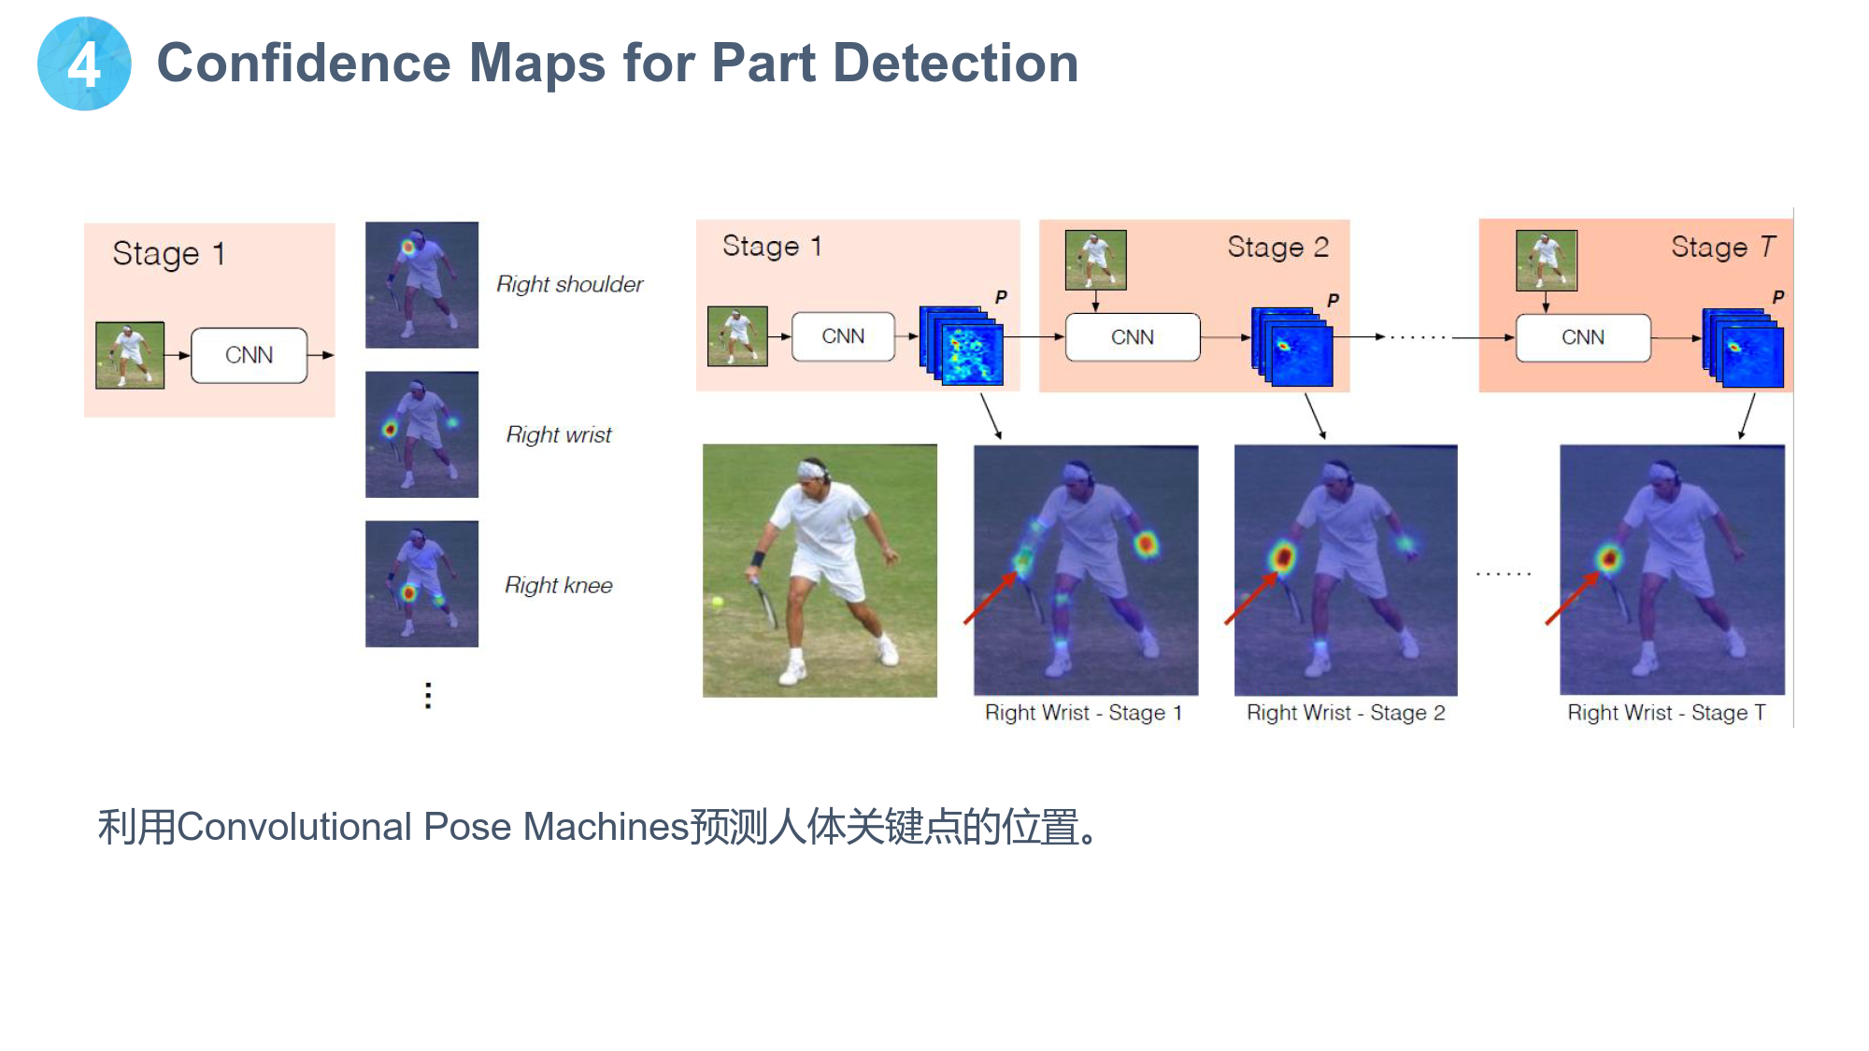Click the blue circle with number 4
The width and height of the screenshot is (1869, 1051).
tap(84, 64)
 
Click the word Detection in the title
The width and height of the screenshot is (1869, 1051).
tap(955, 63)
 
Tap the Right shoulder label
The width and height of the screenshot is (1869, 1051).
tap(569, 284)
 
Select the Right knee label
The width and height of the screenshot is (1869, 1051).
tap(559, 585)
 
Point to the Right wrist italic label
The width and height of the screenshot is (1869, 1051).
tap(559, 434)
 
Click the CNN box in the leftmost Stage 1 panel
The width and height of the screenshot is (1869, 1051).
tap(249, 355)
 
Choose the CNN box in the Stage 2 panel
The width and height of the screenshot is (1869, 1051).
tap(1133, 337)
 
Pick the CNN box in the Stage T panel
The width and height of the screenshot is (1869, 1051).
tap(1583, 337)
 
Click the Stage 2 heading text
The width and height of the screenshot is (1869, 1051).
tap(1277, 247)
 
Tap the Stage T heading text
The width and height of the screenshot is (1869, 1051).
tap(1722, 247)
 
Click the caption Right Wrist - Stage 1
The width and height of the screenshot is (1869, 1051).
tap(1084, 713)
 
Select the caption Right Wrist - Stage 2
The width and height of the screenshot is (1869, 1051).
tap(1346, 713)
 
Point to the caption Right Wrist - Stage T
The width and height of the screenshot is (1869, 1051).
tap(1666, 713)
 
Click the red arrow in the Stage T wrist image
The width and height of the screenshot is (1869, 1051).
tap(1572, 598)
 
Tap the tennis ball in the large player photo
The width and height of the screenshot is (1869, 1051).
tap(718, 603)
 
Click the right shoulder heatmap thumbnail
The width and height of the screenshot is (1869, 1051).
tap(421, 285)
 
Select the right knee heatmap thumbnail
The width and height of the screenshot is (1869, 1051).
tap(421, 584)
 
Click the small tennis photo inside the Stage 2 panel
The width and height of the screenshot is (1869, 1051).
tap(1095, 260)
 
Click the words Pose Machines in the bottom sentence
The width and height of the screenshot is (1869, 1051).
tap(556, 827)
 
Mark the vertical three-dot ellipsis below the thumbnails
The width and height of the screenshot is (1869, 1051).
tap(428, 695)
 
